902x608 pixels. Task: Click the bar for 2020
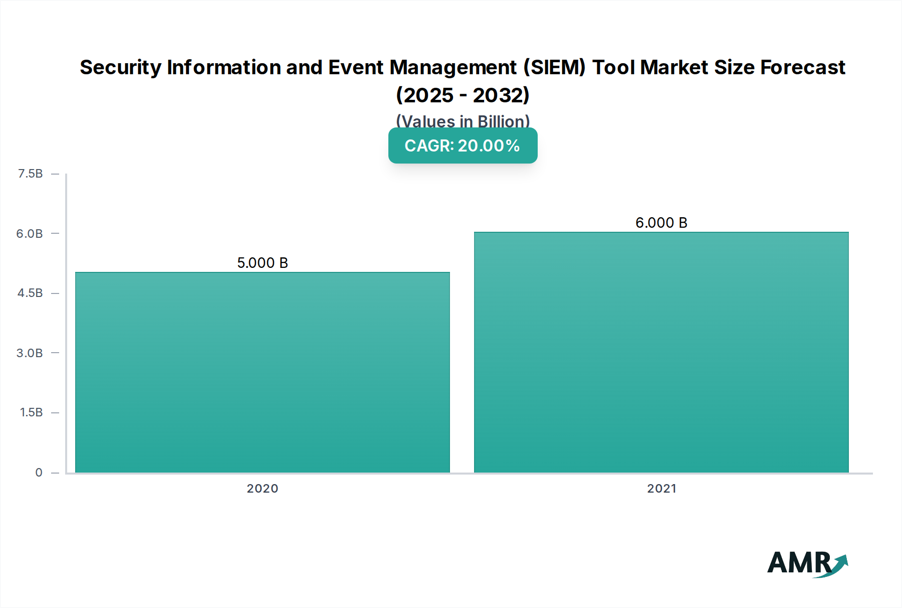click(x=263, y=372)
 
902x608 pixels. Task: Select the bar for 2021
click(x=661, y=352)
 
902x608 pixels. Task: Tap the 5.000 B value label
click(x=263, y=263)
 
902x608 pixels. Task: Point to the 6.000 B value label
click(x=661, y=223)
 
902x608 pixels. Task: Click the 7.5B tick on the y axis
click(x=30, y=174)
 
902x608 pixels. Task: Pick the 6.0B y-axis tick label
click(x=30, y=234)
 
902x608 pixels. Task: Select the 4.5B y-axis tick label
click(x=30, y=293)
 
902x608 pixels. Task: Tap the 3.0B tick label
click(x=30, y=353)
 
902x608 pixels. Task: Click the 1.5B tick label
click(x=31, y=412)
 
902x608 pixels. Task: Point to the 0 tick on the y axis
click(x=39, y=473)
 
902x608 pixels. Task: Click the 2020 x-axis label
click(x=263, y=489)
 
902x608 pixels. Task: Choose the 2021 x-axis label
click(x=661, y=489)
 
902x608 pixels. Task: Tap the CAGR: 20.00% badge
click(x=463, y=145)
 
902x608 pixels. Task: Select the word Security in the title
click(x=121, y=67)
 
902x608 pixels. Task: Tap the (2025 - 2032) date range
click(x=463, y=95)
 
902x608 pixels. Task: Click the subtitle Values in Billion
click(x=463, y=121)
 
